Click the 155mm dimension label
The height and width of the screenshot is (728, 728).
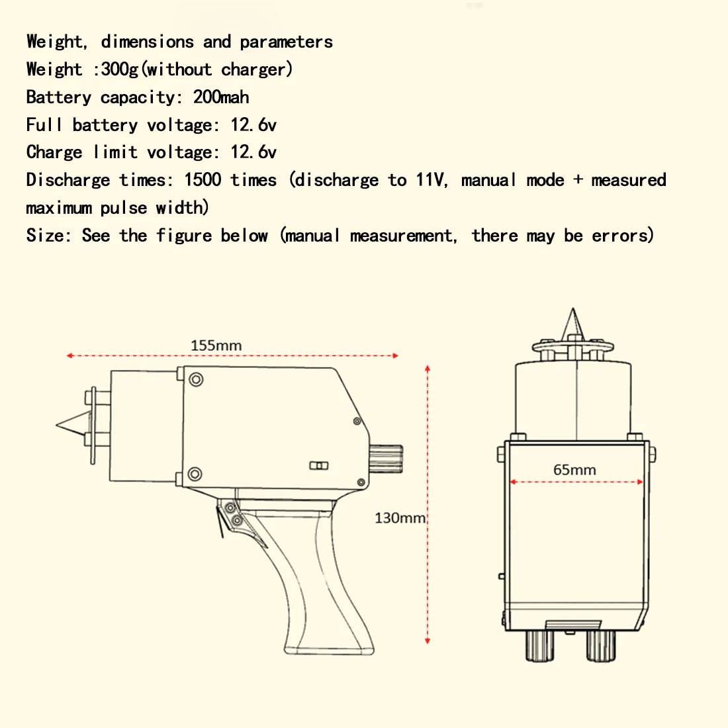pos(216,345)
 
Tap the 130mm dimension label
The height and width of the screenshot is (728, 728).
pos(400,518)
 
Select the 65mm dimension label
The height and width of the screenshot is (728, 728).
pos(574,470)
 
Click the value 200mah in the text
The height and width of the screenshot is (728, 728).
pos(221,97)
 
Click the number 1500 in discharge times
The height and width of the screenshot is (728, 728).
pos(203,180)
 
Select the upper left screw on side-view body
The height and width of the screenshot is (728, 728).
pos(196,379)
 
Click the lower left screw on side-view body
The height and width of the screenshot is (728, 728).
pos(195,474)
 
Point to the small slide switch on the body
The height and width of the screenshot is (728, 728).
pos(319,466)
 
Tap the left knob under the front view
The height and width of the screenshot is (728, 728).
pos(539,645)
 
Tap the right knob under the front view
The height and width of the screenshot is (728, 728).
pos(601,645)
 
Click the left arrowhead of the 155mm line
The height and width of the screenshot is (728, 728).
pos(69,356)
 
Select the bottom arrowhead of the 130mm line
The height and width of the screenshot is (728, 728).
pos(428,640)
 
